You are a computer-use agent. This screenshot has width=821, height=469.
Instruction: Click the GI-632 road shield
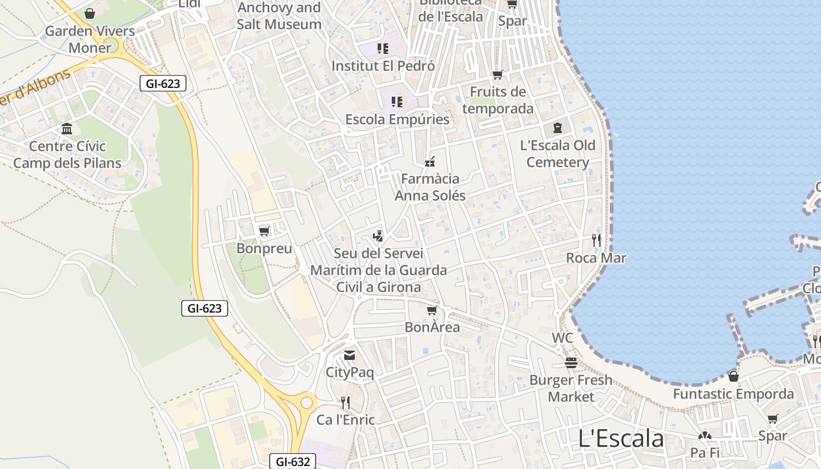293,461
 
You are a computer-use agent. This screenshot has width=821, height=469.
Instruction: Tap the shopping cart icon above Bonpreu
264,231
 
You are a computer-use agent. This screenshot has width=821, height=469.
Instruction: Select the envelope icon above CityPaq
350,355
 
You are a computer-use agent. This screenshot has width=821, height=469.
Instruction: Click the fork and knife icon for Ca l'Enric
345,402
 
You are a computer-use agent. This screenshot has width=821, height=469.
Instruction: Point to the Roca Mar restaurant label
596,258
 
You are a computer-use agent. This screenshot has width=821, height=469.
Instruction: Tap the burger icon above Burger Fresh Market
571,363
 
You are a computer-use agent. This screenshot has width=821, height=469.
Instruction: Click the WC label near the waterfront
562,338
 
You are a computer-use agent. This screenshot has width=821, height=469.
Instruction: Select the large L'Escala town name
620,439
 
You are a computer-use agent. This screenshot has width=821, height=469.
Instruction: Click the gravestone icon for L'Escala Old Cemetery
557,127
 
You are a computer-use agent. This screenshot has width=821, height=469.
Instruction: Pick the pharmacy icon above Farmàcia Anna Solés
430,162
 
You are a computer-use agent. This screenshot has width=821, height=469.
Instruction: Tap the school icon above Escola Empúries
397,102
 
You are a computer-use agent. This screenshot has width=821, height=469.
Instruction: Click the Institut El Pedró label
383,66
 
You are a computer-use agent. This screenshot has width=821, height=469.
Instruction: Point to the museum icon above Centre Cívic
67,129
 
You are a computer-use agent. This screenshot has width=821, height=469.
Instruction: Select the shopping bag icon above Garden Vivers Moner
90,13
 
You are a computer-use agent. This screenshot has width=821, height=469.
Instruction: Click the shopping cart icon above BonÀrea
432,310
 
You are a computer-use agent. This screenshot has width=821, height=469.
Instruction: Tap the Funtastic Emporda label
733,394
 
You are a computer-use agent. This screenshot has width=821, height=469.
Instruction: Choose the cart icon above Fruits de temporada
498,75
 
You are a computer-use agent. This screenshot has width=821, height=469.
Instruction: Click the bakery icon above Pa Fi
704,436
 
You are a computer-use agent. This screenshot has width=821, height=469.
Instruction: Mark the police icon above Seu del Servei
378,236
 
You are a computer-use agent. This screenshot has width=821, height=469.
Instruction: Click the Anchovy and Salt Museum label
279,16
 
